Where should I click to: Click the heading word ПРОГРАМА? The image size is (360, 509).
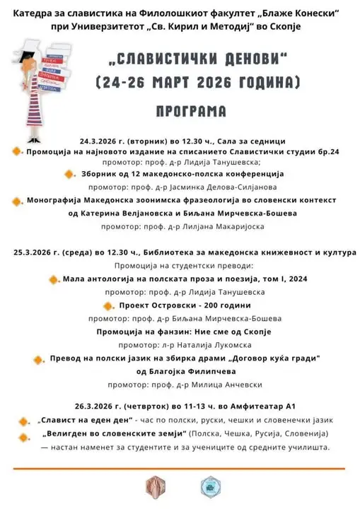[192, 111]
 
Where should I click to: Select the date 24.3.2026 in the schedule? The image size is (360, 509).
[105, 140]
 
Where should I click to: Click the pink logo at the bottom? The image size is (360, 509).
[154, 484]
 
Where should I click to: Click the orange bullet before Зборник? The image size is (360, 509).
[69, 174]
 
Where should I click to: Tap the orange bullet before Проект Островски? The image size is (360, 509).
[108, 306]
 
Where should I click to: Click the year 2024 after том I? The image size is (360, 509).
[289, 279]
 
